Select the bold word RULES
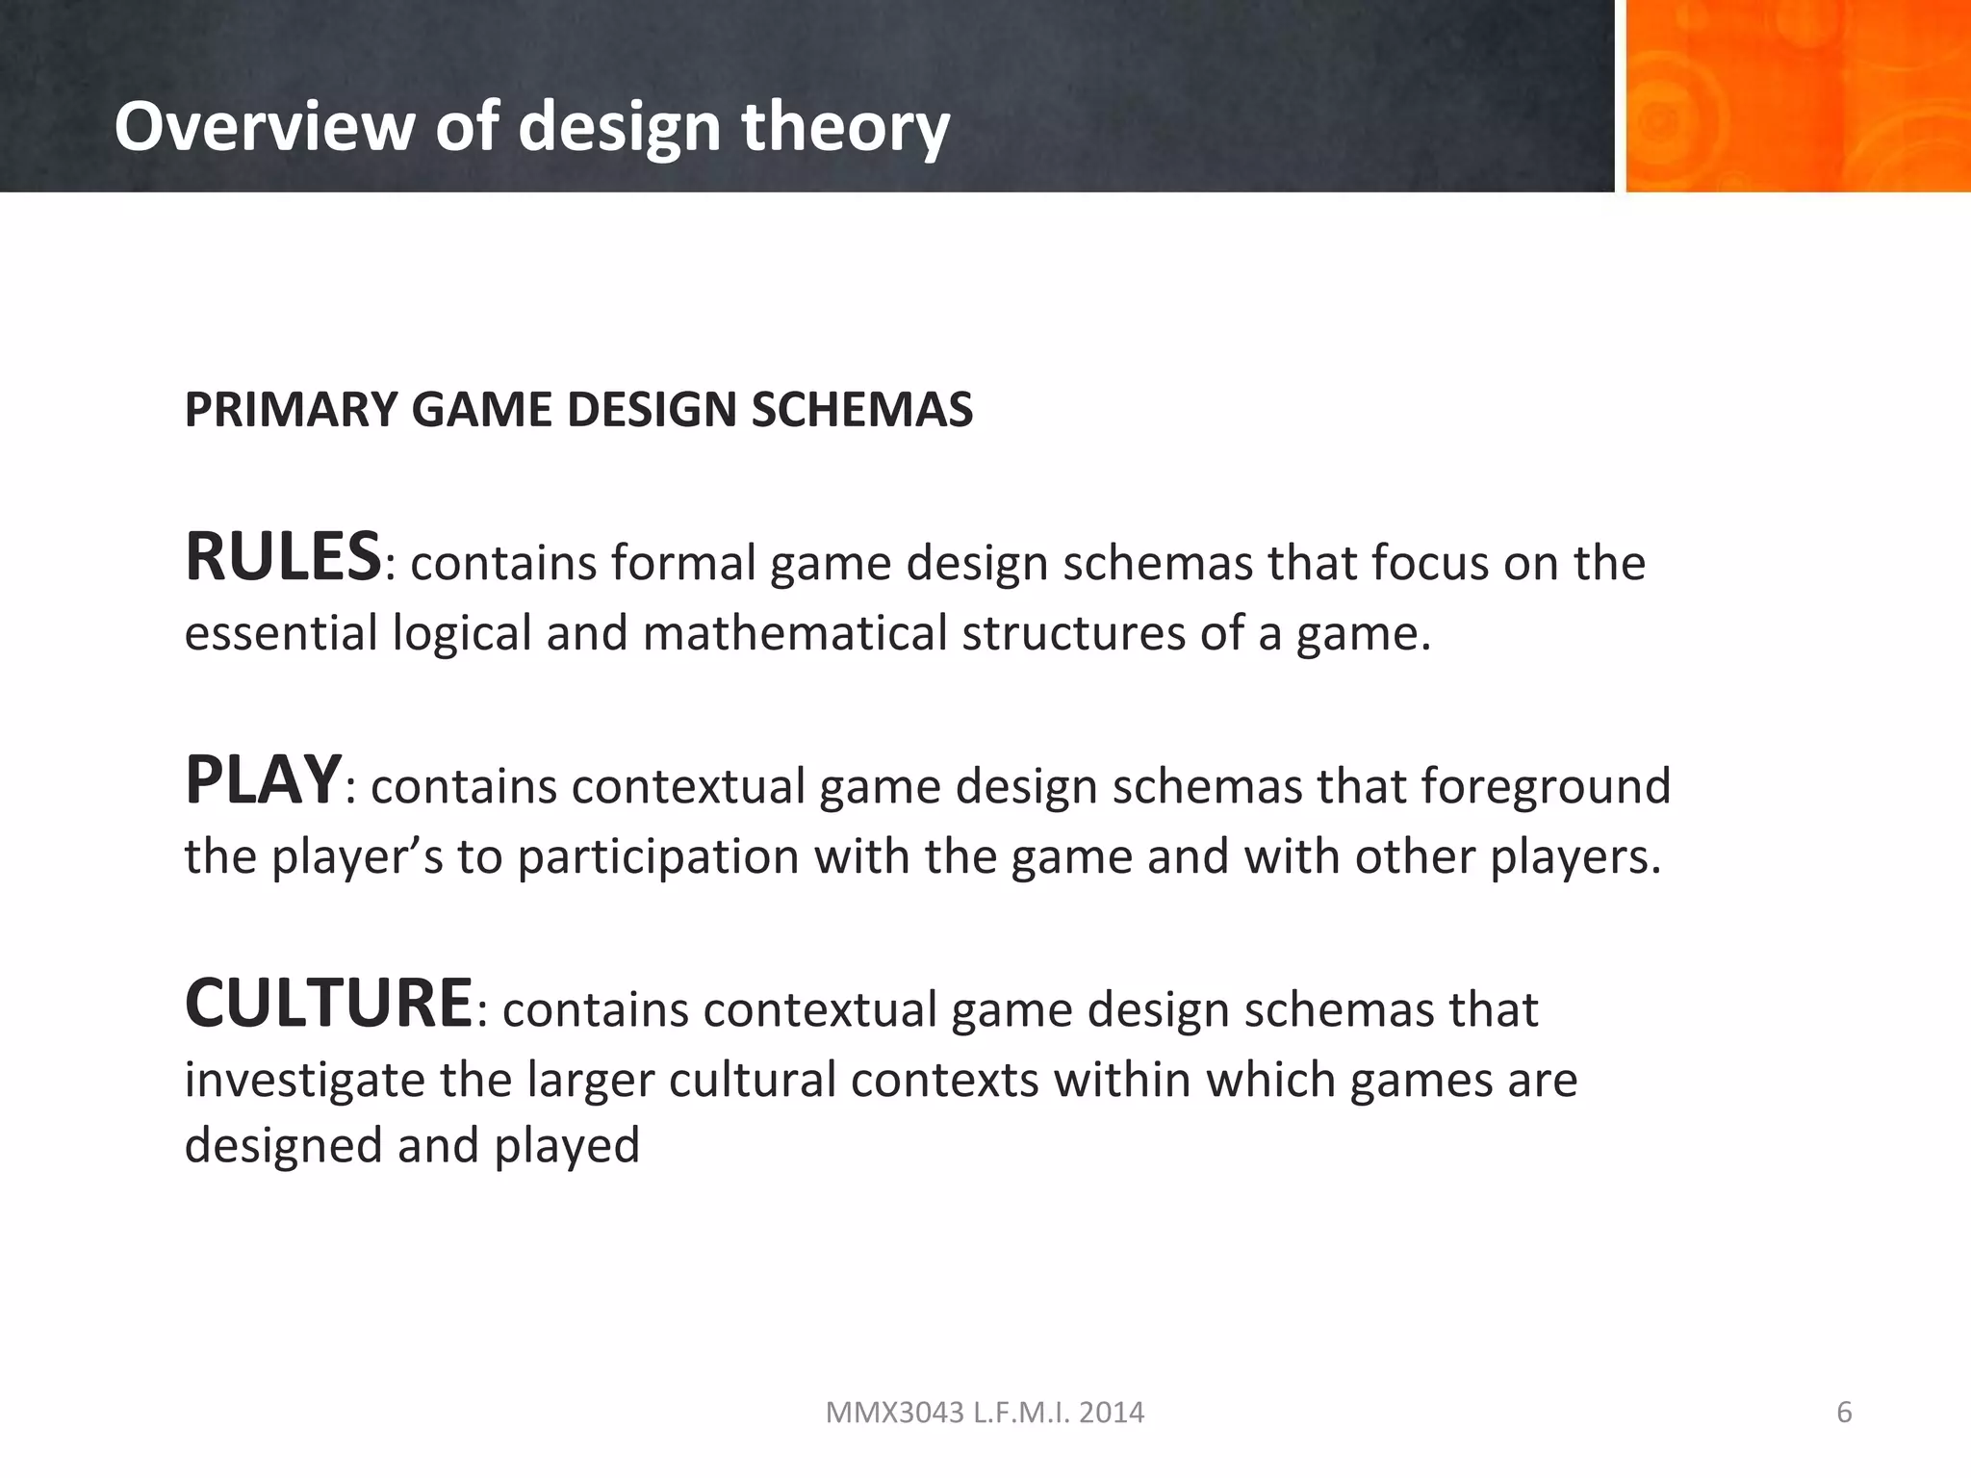coord(283,558)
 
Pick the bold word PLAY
coord(263,781)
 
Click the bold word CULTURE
coord(328,1005)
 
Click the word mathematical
coord(794,634)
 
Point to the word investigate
coord(305,1080)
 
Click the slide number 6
coord(1844,1413)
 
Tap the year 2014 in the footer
coord(1113,1413)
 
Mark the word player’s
coord(357,856)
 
